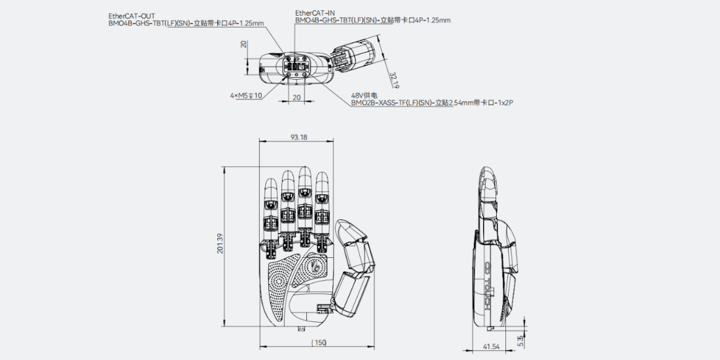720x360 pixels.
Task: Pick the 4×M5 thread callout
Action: click(x=246, y=96)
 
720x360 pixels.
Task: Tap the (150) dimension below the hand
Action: click(x=319, y=342)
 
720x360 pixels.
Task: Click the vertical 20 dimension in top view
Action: click(x=244, y=44)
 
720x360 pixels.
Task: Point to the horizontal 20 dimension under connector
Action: click(x=297, y=98)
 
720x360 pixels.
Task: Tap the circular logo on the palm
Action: click(x=315, y=266)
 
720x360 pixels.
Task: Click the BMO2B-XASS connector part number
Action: click(x=431, y=103)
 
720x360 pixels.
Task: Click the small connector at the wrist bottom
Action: click(x=302, y=328)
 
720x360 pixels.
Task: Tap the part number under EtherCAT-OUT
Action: click(x=187, y=22)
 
